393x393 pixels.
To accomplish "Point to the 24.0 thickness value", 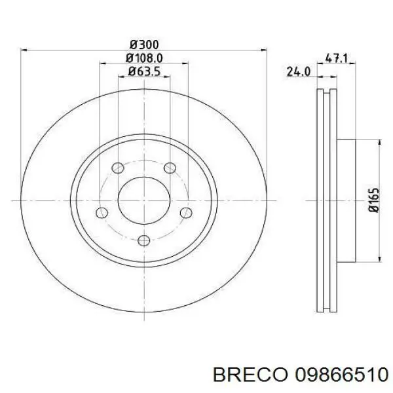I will [298, 73].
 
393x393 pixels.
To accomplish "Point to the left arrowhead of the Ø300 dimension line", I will [25, 50].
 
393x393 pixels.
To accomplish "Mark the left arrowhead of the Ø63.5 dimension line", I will [121, 76].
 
